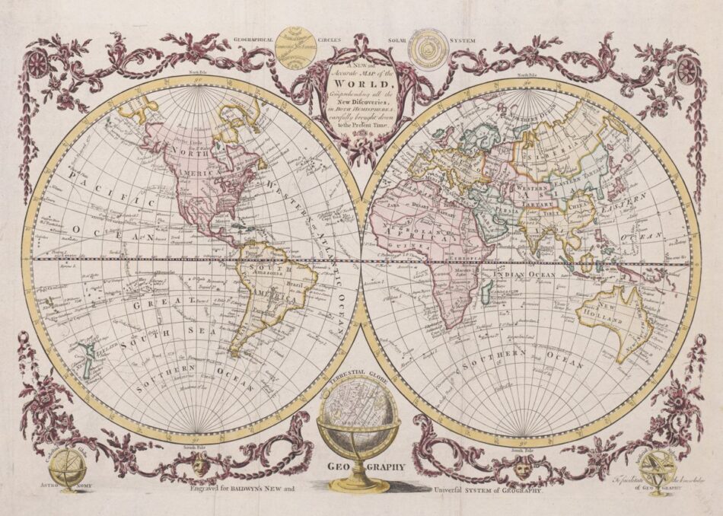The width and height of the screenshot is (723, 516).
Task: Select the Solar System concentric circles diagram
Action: click(x=425, y=48)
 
